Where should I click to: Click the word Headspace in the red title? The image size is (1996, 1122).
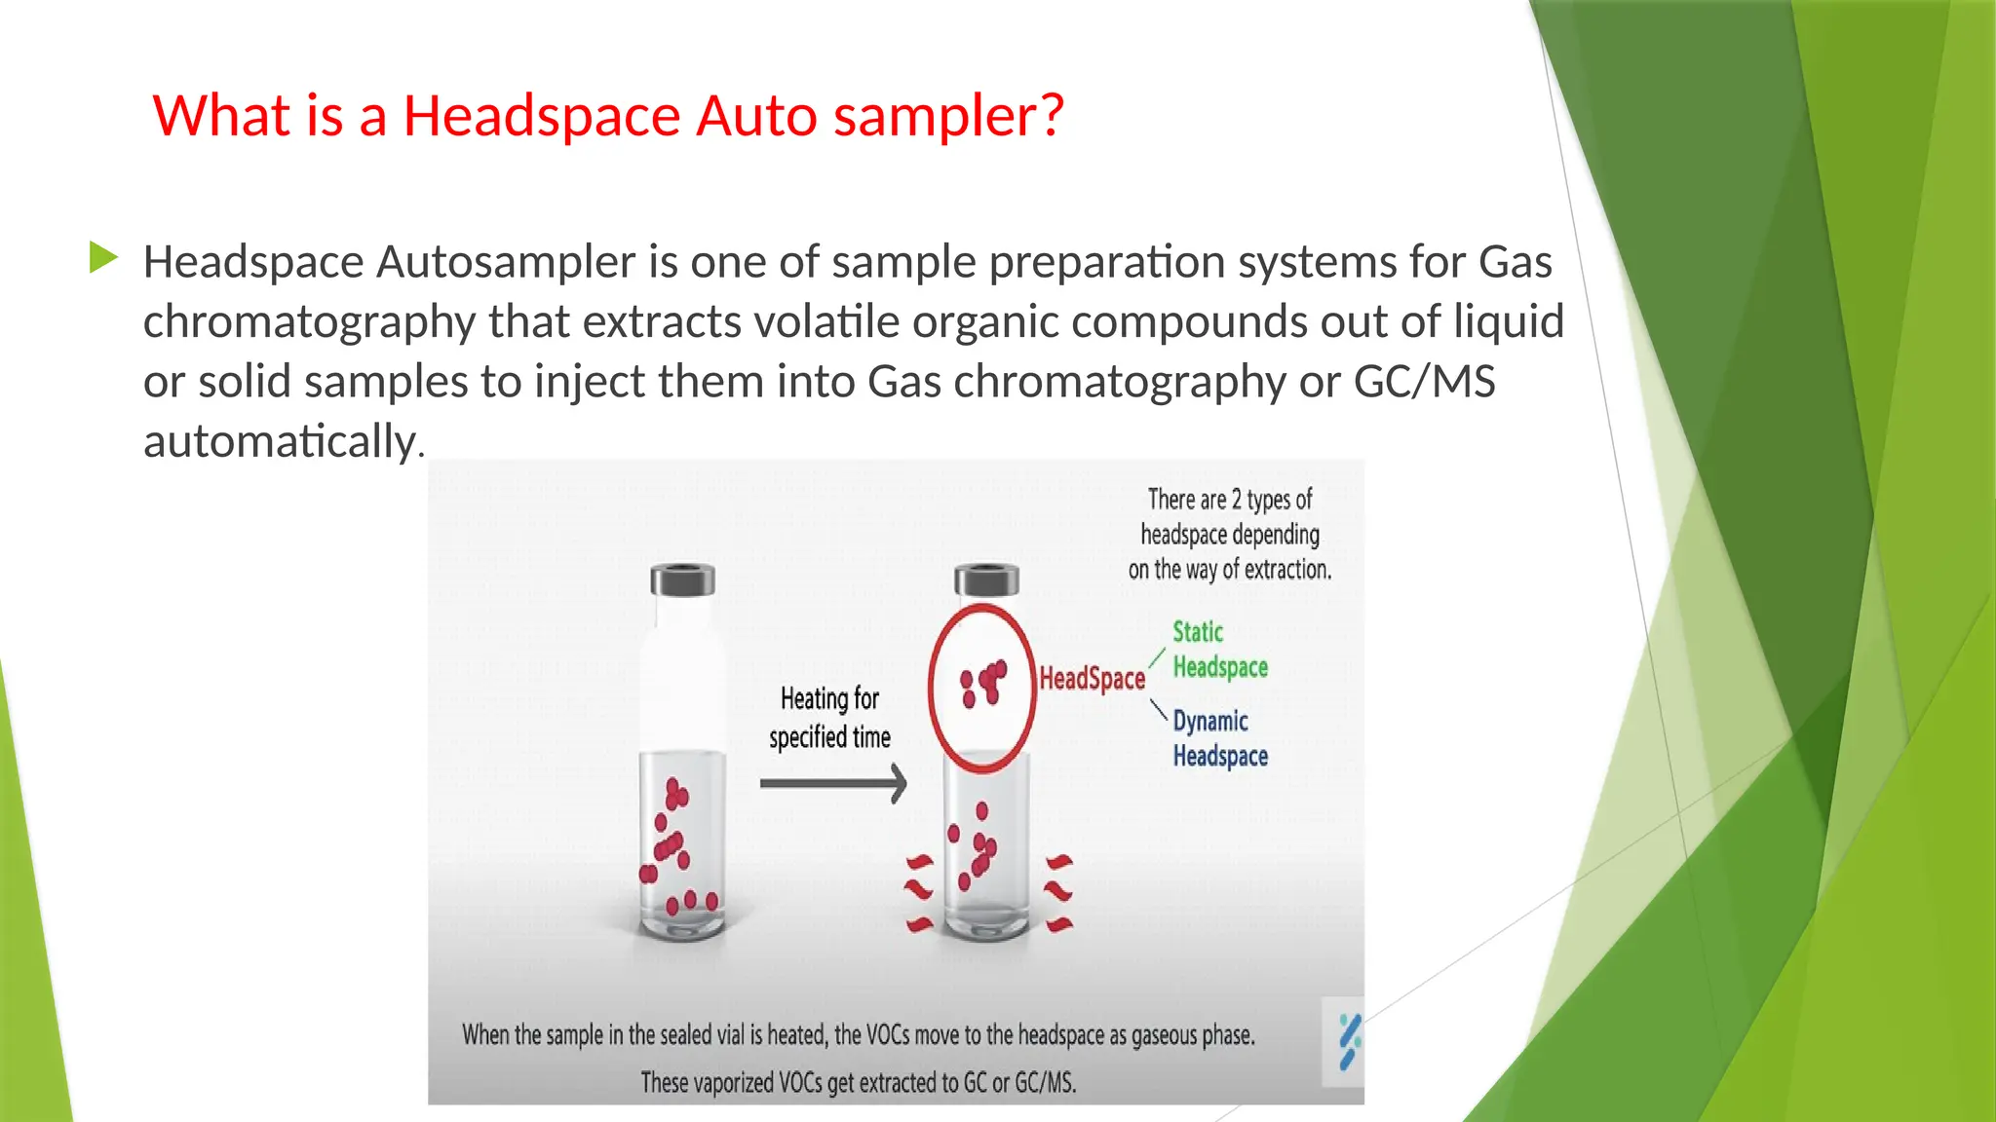tap(541, 116)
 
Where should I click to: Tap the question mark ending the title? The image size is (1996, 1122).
tap(1051, 116)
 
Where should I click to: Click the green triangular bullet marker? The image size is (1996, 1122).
tap(103, 258)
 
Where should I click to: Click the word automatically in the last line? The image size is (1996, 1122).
tap(280, 442)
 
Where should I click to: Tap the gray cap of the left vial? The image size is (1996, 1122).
tap(682, 580)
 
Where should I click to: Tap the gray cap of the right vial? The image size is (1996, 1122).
tap(986, 580)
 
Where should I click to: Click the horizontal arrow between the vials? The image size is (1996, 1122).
tap(833, 783)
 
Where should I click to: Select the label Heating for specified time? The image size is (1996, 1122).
tap(829, 718)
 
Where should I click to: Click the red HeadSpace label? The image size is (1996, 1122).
tap(1092, 679)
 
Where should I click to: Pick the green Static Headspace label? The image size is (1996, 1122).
tap(1218, 650)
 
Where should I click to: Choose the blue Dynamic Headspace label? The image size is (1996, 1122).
tap(1219, 738)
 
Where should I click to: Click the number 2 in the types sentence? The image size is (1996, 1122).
tap(1237, 500)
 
